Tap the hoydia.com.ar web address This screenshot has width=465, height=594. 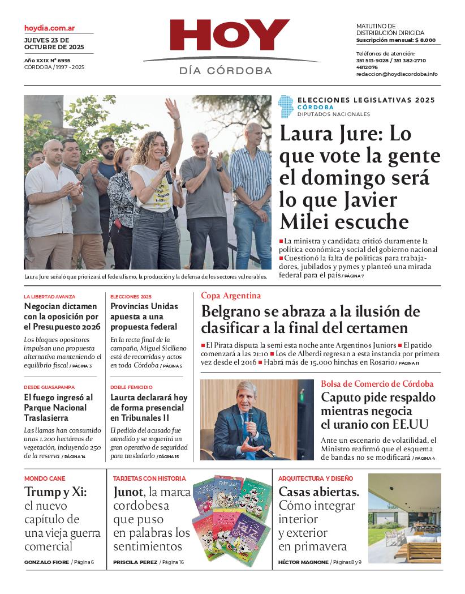(x=50, y=28)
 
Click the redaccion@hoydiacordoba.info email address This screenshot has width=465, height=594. (x=397, y=74)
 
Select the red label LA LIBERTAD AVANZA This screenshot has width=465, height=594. (x=49, y=297)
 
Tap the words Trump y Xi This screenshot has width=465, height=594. (x=55, y=492)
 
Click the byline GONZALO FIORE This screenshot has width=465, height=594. (x=46, y=562)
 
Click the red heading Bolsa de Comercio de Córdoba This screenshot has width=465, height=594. (x=377, y=384)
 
